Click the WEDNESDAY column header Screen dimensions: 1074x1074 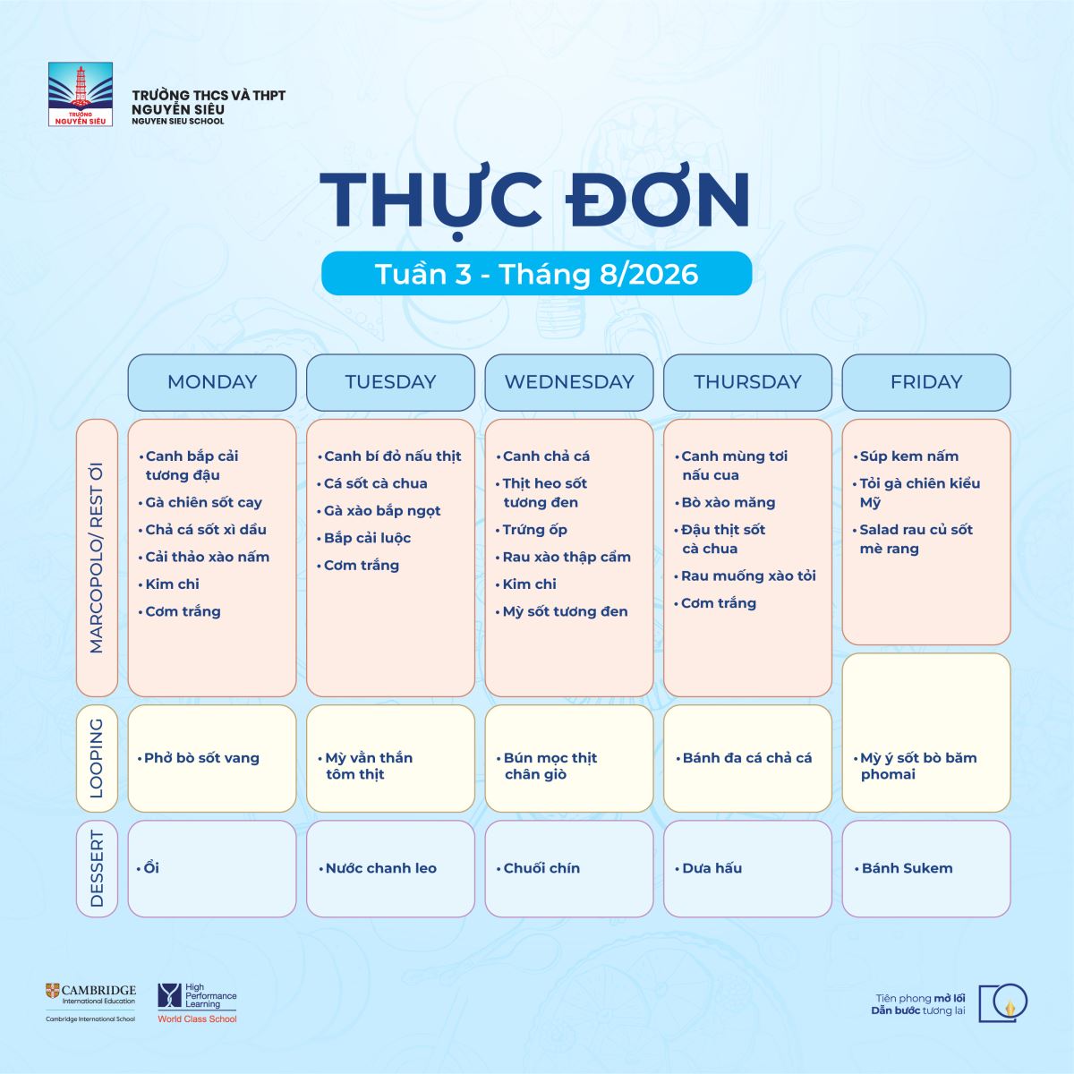pyautogui.click(x=569, y=382)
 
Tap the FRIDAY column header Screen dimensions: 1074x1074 pyautogui.click(x=926, y=382)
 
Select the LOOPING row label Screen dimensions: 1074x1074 pyautogui.click(x=97, y=759)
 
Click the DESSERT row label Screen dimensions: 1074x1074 pyautogui.click(x=97, y=869)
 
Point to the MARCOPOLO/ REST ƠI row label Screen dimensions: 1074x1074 pyautogui.click(x=97, y=558)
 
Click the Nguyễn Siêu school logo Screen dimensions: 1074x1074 pyautogui.click(x=81, y=94)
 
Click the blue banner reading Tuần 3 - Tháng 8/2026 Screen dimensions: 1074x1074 pyautogui.click(x=537, y=274)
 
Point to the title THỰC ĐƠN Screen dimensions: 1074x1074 pyautogui.click(x=535, y=201)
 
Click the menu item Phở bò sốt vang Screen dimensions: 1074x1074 pyautogui.click(x=201, y=758)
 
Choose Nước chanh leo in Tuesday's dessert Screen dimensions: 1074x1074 pyautogui.click(x=380, y=868)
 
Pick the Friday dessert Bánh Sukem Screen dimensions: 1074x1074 pyautogui.click(x=907, y=868)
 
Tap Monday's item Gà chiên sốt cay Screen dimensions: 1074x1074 pyautogui.click(x=203, y=503)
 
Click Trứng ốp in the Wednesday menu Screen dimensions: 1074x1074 pyautogui.click(x=534, y=530)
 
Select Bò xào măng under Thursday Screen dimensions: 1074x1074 pyautogui.click(x=728, y=503)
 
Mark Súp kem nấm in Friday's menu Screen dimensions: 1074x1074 pyautogui.click(x=909, y=456)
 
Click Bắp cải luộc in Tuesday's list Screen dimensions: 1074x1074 pyautogui.click(x=367, y=539)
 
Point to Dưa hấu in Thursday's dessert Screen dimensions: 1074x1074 pyautogui.click(x=712, y=868)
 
